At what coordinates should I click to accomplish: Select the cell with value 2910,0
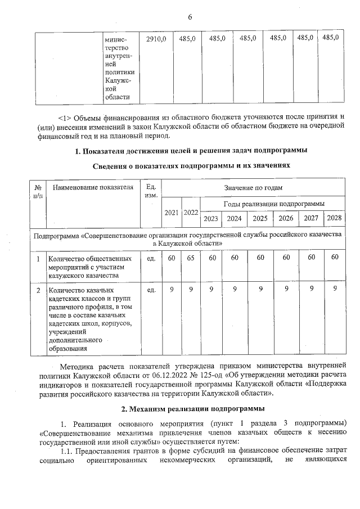coord(155,38)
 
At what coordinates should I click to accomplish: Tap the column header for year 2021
coord(172,213)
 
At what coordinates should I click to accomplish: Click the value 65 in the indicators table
coord(191,258)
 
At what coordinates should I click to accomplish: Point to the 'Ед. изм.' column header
coord(151,191)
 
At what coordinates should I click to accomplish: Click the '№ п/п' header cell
coord(38,191)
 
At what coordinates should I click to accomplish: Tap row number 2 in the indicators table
coord(38,290)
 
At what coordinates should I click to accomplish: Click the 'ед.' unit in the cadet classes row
coord(151,290)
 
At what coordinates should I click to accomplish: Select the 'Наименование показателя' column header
coord(92,187)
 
